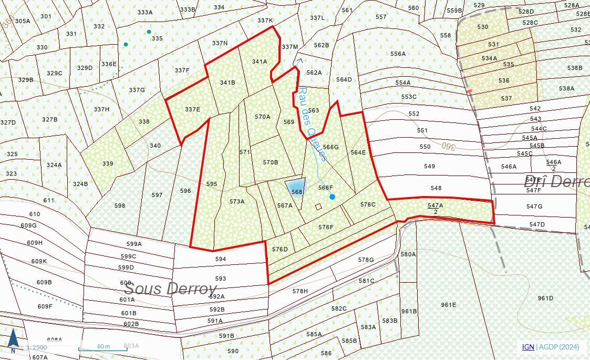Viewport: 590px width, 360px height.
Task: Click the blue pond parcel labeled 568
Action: pos(296,188)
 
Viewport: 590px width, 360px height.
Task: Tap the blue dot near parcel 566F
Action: pos(332,197)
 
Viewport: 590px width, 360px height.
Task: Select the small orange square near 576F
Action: pos(318,207)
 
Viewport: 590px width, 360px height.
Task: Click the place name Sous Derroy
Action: pos(171,289)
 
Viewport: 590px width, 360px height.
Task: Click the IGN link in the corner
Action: pos(527,347)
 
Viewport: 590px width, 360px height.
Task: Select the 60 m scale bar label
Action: pos(103,346)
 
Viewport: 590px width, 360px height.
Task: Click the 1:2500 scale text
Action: pos(36,347)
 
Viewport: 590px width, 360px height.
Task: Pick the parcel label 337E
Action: pos(192,109)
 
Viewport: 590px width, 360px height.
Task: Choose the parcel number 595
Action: pos(211,184)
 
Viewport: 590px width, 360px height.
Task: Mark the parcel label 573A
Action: pos(236,201)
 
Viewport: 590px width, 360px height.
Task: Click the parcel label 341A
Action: pos(259,61)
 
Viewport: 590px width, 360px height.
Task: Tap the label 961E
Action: pos(448,305)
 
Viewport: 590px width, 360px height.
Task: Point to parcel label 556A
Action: pos(398,54)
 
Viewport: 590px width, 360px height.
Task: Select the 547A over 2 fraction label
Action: pos(435,208)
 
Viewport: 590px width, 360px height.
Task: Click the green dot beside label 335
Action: pos(149,32)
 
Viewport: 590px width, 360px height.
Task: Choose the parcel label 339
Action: pos(108,163)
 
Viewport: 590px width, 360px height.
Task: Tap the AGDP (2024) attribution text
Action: pos(559,347)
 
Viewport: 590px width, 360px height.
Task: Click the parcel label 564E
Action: pos(358,152)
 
